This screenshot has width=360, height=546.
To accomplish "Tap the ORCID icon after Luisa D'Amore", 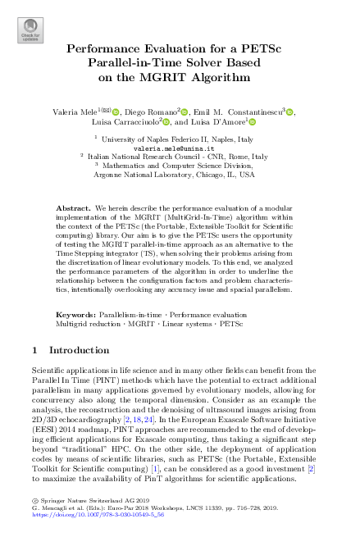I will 253,122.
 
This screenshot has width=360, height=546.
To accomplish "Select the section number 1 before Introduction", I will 34,350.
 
